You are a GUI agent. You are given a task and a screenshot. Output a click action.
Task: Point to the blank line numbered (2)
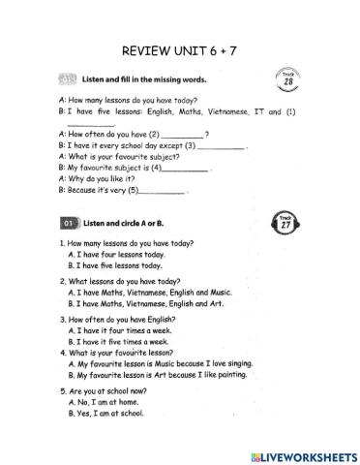click(x=183, y=134)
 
